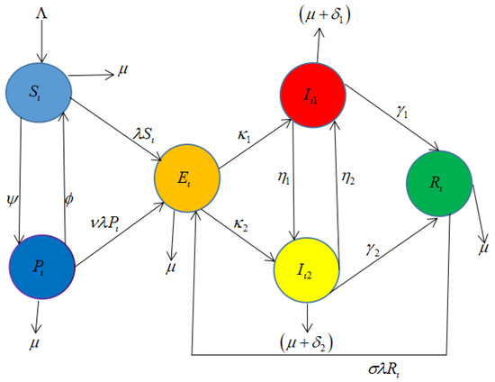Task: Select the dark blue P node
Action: pos(40,268)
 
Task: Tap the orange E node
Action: pos(187,172)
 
